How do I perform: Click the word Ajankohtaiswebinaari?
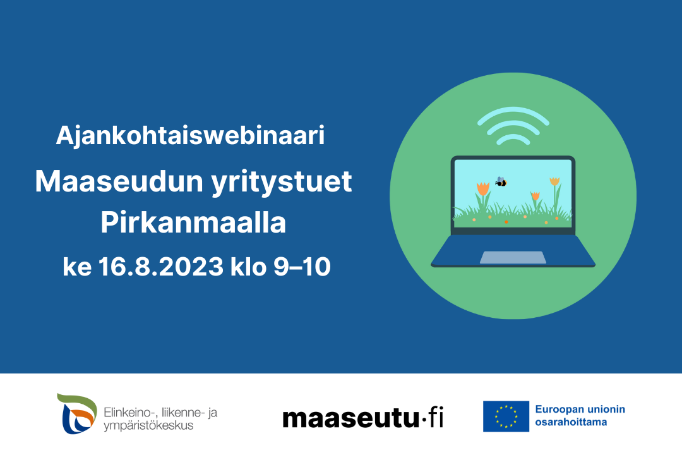(190, 135)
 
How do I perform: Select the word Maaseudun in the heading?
(119, 181)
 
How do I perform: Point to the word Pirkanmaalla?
(193, 222)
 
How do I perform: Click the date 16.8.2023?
(161, 267)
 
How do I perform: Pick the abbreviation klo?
(248, 267)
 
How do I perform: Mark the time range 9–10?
(302, 267)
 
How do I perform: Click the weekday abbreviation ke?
(77, 267)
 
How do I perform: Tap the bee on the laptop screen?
(501, 182)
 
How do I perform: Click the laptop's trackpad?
(513, 257)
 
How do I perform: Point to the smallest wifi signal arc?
(513, 138)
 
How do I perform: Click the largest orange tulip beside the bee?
(483, 190)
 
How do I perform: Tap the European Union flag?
(506, 416)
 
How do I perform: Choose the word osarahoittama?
(571, 422)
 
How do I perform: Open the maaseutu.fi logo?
(362, 418)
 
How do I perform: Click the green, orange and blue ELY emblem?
(76, 414)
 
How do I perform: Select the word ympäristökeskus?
(148, 425)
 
